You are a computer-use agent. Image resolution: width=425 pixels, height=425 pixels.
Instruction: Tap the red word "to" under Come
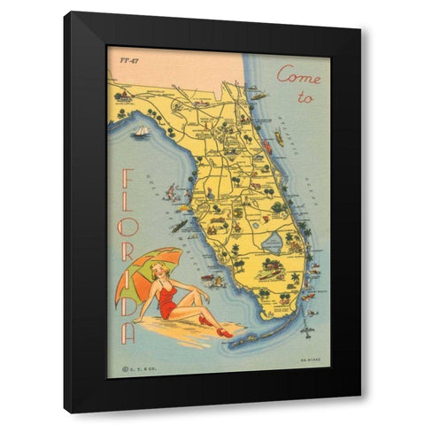point(305,98)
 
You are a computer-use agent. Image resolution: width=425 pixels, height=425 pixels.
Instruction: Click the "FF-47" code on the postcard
point(128,59)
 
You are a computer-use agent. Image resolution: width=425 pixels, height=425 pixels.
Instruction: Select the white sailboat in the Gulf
point(141,131)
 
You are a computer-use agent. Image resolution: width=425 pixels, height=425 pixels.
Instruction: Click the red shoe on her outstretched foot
point(224,332)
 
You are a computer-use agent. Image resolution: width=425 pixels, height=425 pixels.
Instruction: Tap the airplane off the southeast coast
point(307,328)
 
